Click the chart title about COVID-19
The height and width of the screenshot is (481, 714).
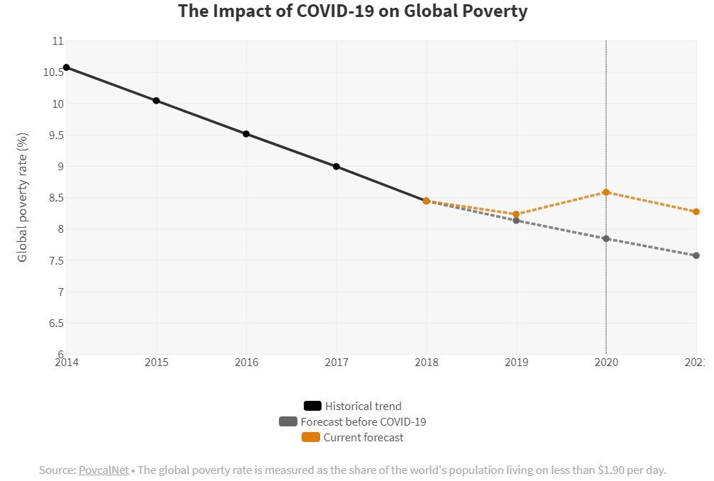(353, 12)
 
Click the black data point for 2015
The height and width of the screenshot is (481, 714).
(156, 101)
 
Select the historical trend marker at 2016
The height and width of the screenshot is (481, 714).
(246, 133)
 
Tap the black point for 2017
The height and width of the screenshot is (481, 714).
(336, 167)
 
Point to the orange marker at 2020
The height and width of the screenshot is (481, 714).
(606, 192)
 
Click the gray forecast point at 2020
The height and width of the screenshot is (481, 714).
(606, 238)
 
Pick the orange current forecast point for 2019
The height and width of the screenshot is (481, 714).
(516, 214)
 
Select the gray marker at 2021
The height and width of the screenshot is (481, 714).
(696, 255)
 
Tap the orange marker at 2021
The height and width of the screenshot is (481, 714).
(696, 211)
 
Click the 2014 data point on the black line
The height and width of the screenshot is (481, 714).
(67, 67)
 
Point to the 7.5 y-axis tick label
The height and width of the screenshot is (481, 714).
(56, 260)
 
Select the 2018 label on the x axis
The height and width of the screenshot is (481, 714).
(426, 363)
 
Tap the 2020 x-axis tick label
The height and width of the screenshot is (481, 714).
(606, 363)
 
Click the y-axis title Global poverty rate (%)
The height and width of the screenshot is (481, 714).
(23, 197)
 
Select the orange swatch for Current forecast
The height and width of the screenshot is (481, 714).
(311, 438)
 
